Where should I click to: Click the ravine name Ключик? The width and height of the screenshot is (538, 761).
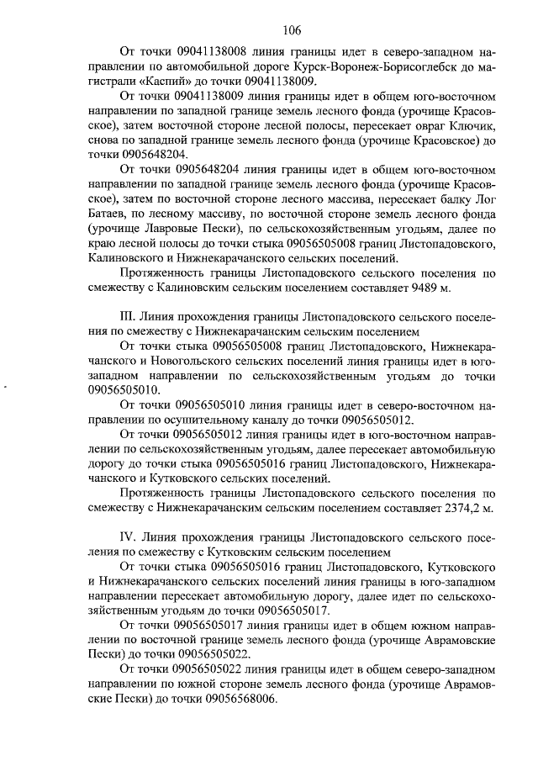[472, 125]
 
